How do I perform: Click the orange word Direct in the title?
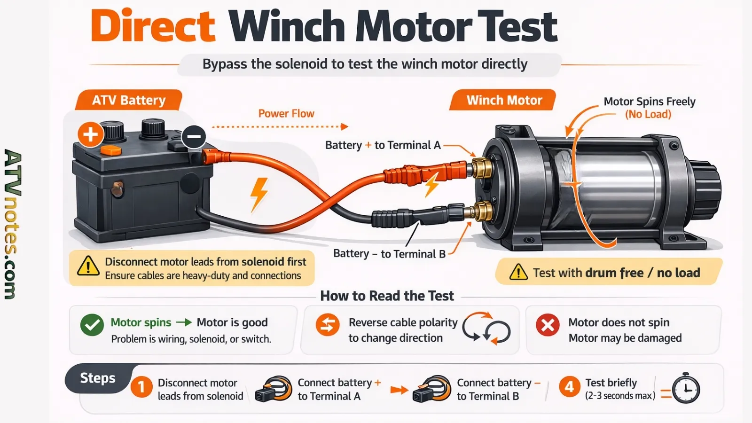pyautogui.click(x=153, y=27)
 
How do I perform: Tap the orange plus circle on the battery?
pyautogui.click(x=90, y=134)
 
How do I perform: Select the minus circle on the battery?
pyautogui.click(x=194, y=137)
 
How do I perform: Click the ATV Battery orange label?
pyautogui.click(x=128, y=100)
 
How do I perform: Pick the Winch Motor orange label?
pyautogui.click(x=504, y=100)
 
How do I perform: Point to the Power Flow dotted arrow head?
pyautogui.click(x=345, y=126)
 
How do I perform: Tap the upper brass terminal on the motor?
pyautogui.click(x=481, y=168)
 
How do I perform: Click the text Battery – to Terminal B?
pyautogui.click(x=389, y=254)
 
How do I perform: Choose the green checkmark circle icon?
pyautogui.click(x=92, y=325)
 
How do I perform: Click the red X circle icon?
pyautogui.click(x=548, y=325)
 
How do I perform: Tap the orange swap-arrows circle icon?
pyautogui.click(x=327, y=325)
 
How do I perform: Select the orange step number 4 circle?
pyautogui.click(x=569, y=387)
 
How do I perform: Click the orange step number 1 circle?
pyautogui.click(x=141, y=387)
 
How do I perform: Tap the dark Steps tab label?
pyautogui.click(x=97, y=378)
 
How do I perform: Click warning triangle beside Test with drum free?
pyautogui.click(x=518, y=272)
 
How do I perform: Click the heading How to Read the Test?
pyautogui.click(x=387, y=296)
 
